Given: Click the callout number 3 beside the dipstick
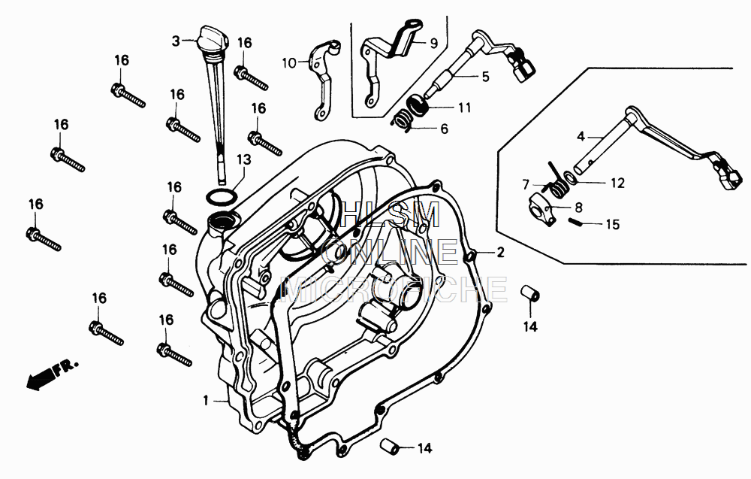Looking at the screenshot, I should click(176, 41).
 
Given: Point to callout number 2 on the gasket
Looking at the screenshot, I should click(499, 253).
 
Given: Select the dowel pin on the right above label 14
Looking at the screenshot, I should click(529, 292).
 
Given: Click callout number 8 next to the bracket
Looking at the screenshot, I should click(578, 207).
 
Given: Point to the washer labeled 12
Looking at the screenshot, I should click(572, 179).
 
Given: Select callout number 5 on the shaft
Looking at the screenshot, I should click(486, 76).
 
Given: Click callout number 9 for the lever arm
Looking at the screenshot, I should click(433, 43).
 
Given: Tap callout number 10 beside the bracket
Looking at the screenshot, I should click(290, 64).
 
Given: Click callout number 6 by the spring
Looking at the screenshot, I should click(465, 129).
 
